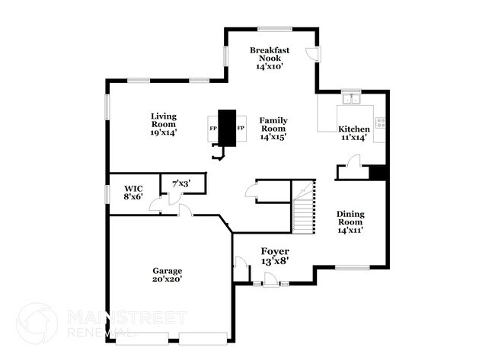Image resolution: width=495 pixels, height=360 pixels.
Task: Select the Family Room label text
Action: pos(273,124)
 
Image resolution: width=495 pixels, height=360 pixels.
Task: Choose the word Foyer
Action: pos(274,251)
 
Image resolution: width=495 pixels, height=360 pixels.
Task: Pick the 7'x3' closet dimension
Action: pos(180,183)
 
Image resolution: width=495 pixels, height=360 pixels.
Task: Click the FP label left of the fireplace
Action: pos(213,128)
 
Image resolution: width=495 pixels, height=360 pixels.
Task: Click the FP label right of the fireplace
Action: pos(241,128)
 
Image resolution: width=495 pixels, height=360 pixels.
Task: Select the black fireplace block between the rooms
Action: pos(227,127)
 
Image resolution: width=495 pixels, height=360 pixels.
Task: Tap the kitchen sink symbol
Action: pos(352,98)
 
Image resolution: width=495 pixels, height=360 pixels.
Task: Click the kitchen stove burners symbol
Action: pos(379,121)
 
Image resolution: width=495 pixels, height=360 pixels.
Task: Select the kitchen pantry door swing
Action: pos(353,161)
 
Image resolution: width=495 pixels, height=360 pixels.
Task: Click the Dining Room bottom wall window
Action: pos(353,267)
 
